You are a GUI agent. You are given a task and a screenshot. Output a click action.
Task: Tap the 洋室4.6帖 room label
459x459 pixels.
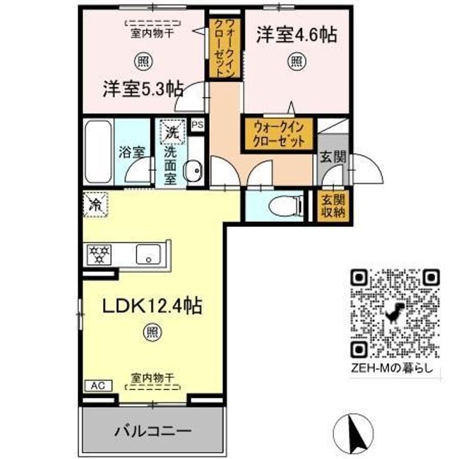coord(296,34)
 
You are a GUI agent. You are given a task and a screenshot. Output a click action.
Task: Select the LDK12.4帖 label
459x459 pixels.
coord(153,307)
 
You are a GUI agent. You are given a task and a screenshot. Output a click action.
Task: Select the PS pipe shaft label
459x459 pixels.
coord(197,125)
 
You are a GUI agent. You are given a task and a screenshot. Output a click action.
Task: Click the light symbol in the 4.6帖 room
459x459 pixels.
coord(296,61)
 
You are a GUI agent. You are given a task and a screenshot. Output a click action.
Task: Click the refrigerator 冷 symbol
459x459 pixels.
coord(95,206)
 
